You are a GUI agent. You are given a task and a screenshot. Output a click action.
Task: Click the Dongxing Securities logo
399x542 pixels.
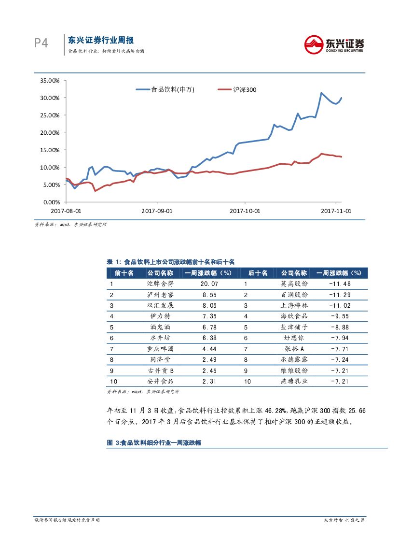[334, 44]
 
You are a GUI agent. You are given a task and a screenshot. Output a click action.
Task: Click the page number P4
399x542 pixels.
[41, 43]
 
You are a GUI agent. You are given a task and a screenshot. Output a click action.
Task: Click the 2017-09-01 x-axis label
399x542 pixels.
[157, 211]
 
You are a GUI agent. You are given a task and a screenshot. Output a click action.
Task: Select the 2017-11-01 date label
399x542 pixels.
[336, 211]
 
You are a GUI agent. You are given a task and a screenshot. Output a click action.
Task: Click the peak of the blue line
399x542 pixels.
[321, 93]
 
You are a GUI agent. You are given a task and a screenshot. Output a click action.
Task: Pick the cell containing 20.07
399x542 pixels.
[209, 284]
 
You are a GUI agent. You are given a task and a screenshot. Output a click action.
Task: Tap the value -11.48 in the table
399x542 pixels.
[340, 284]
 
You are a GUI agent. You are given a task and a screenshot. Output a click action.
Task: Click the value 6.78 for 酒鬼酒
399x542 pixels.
[209, 327]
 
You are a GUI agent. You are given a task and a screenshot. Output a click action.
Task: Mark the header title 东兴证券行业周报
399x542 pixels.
[101, 40]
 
